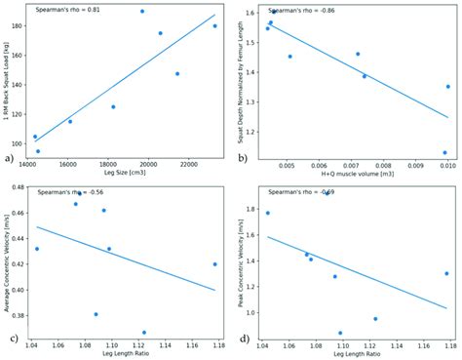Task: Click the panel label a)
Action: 10,157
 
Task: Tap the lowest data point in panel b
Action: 444,152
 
